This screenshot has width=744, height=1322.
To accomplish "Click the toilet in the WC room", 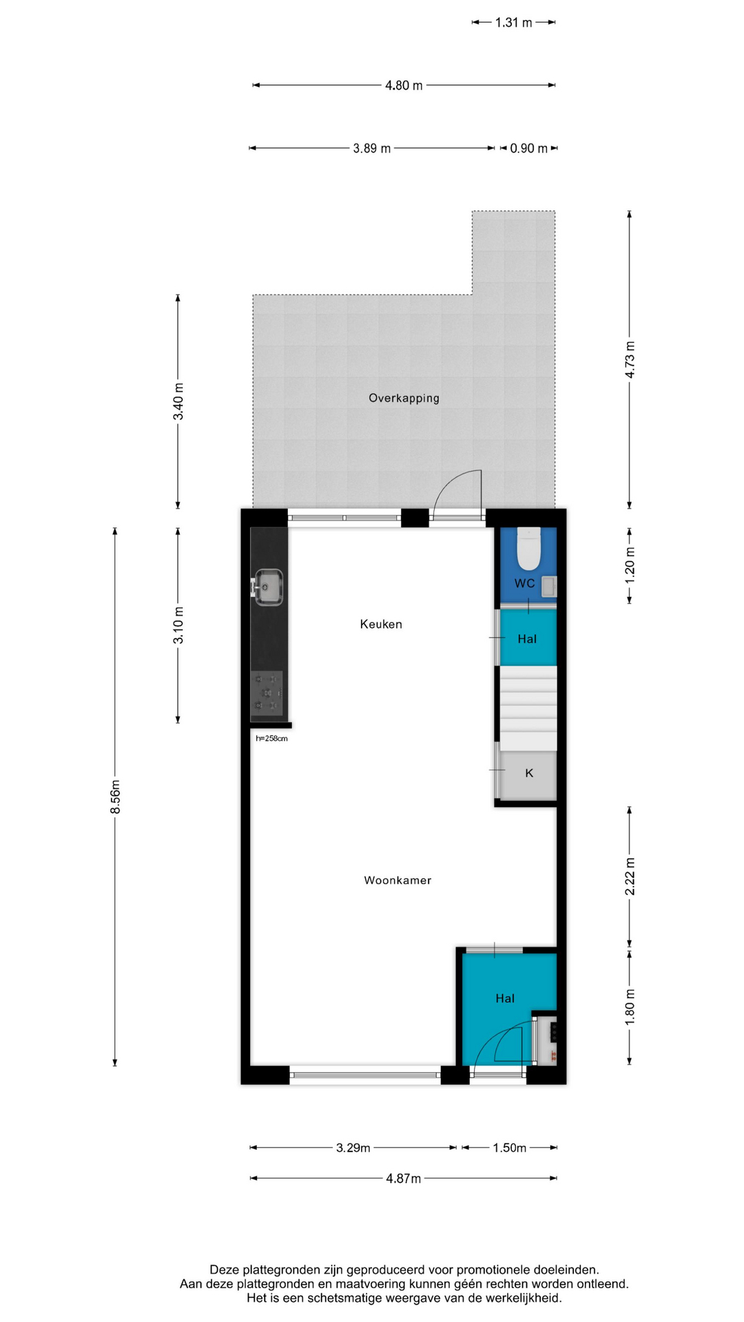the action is pyautogui.click(x=528, y=548).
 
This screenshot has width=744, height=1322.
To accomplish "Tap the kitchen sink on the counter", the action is pyautogui.click(x=268, y=587).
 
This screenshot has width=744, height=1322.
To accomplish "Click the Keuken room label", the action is pyautogui.click(x=381, y=624).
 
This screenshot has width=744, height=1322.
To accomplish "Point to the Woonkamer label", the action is pyautogui.click(x=397, y=880).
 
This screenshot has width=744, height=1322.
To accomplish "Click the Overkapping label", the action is pyautogui.click(x=404, y=398).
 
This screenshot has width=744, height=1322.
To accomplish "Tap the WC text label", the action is pyautogui.click(x=524, y=583).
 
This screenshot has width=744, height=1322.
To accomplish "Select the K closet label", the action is pyautogui.click(x=529, y=773).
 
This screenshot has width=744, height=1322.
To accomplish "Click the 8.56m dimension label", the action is pyautogui.click(x=116, y=797).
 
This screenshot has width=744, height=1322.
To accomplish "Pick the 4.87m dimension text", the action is pyautogui.click(x=403, y=1178).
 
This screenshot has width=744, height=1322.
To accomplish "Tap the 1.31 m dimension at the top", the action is pyautogui.click(x=514, y=23).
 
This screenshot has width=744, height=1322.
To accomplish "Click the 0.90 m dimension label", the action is pyautogui.click(x=528, y=148).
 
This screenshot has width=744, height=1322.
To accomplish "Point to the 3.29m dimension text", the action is pyautogui.click(x=353, y=1148).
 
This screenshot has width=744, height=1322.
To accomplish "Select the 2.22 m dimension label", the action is pyautogui.click(x=630, y=877).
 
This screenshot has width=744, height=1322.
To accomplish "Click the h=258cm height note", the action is pyautogui.click(x=271, y=739).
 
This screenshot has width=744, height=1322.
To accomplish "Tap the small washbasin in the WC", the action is pyautogui.click(x=549, y=587).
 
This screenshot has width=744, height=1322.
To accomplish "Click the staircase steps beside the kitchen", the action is pyautogui.click(x=528, y=708).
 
